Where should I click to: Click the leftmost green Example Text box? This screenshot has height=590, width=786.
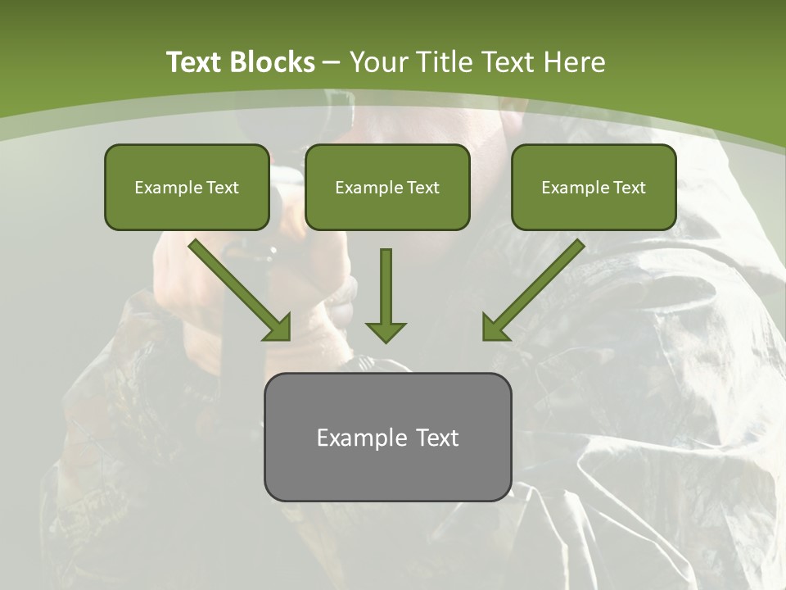click(x=187, y=188)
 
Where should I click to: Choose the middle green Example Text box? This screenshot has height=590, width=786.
click(x=387, y=188)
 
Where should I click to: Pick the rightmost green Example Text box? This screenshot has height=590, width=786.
click(x=594, y=188)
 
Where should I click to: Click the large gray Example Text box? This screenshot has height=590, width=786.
click(x=387, y=438)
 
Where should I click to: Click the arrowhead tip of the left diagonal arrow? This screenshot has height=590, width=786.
click(x=287, y=338)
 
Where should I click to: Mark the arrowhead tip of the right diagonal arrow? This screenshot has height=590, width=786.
click(x=486, y=338)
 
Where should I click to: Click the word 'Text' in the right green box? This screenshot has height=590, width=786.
click(x=630, y=188)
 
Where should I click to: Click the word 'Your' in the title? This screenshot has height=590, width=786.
click(x=380, y=62)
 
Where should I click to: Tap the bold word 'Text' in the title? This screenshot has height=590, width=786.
click(x=195, y=62)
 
